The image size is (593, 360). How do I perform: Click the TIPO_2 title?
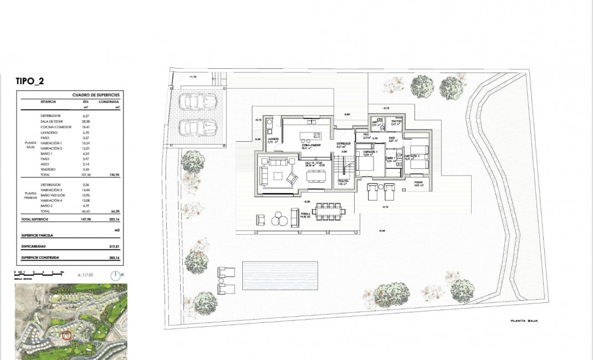(x=30, y=81)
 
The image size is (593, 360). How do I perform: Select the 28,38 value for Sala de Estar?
(x=86, y=121)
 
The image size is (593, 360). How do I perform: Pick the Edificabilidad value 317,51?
(x=115, y=246)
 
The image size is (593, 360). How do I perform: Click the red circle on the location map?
(x=67, y=335)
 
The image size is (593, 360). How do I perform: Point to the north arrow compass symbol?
(x=115, y=274)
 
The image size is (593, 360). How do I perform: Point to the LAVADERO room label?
(x=273, y=139)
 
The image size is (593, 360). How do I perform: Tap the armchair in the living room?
(x=292, y=178)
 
